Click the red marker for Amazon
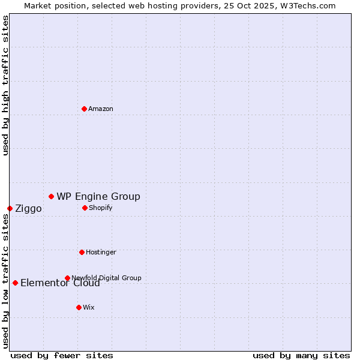[84, 109]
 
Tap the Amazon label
[101, 109]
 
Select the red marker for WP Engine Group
[51, 196]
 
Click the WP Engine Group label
[98, 196]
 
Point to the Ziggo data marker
[10, 208]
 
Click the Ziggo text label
[28, 209]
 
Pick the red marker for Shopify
[85, 208]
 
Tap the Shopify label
[101, 208]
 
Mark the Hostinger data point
[82, 252]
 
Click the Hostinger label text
[101, 252]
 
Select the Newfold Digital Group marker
[67, 278]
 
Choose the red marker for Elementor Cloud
[15, 283]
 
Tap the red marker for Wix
[79, 307]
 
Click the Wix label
[89, 307]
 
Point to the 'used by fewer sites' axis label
[62, 355]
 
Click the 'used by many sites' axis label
[301, 355]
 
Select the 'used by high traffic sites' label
[5, 85]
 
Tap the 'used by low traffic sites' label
[5, 281]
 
